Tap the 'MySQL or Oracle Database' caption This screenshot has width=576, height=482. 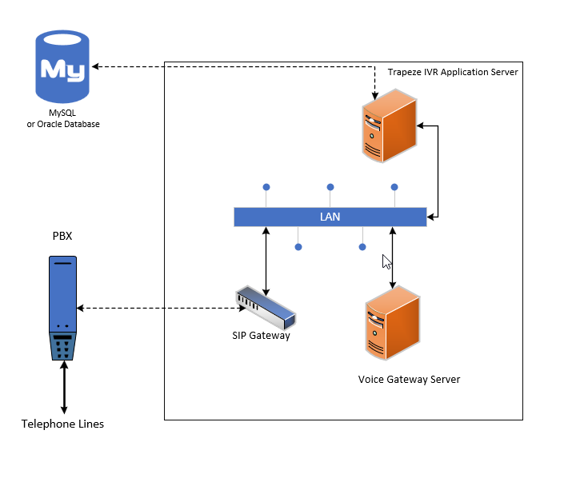(63, 119)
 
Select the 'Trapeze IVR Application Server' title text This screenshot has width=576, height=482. (453, 72)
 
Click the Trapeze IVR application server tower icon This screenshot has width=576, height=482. (389, 127)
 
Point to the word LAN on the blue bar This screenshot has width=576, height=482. (330, 217)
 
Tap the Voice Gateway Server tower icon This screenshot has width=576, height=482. (392, 325)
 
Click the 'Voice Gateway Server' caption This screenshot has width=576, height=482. (409, 379)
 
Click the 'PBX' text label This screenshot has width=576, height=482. (62, 237)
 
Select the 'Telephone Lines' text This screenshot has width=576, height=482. (62, 424)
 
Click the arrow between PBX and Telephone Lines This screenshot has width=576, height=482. (63, 388)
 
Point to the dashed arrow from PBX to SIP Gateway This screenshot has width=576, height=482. (160, 308)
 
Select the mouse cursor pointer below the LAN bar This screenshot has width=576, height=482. (386, 261)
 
